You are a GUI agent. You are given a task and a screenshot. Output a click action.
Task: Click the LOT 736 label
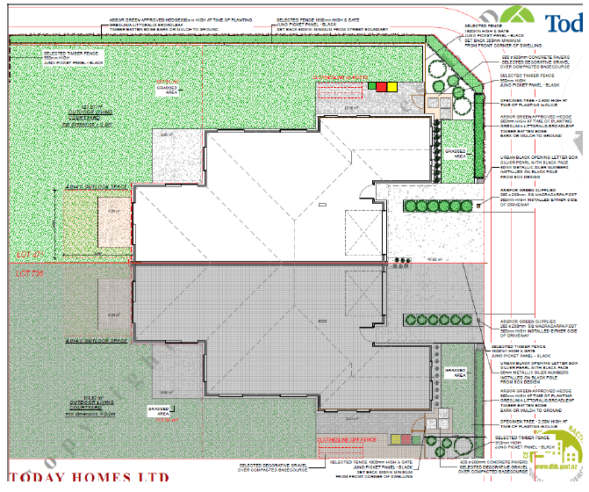tap(30, 273)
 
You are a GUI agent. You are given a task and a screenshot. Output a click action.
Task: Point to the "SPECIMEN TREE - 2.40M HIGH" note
tap(514, 104)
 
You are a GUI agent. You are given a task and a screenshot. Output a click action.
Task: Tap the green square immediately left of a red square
tap(372, 86)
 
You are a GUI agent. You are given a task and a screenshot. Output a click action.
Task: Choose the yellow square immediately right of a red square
tap(392, 86)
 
